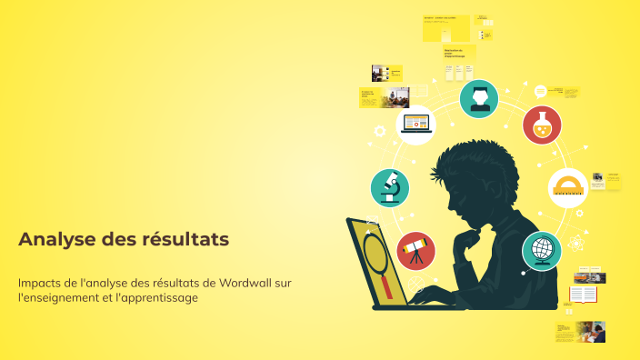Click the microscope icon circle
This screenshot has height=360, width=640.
pyautogui.click(x=390, y=187)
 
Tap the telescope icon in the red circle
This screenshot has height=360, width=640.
pyautogui.click(x=415, y=251)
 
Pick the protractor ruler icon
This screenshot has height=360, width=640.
pyautogui.click(x=568, y=187)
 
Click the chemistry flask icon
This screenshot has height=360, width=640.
pyautogui.click(x=542, y=125)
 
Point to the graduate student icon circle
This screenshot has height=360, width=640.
pyautogui.click(x=479, y=99)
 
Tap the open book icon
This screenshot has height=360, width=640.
pyautogui.click(x=583, y=295)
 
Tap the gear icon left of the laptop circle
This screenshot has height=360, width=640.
pyautogui.click(x=380, y=131)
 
